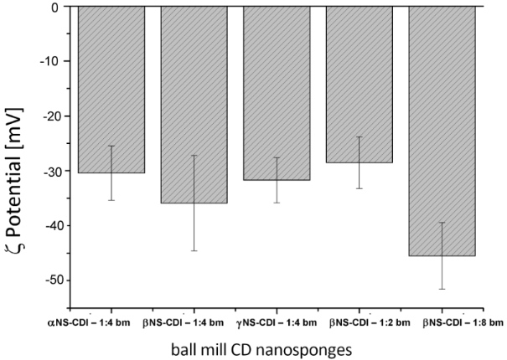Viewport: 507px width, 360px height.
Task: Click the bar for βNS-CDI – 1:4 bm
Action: coord(194,105)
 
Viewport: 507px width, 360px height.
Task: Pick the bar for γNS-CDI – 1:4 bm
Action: coord(277,93)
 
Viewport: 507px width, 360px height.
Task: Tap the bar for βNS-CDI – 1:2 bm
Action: coord(360,85)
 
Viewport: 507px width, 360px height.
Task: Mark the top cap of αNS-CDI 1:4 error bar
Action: coord(111,147)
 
